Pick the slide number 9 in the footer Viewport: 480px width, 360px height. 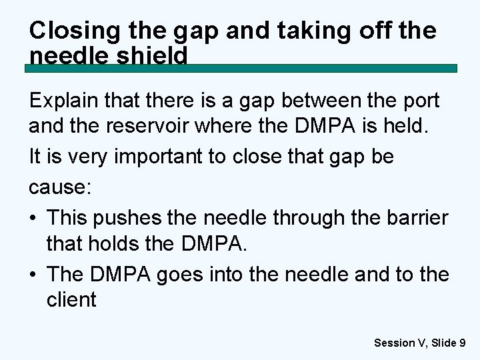tap(462, 343)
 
